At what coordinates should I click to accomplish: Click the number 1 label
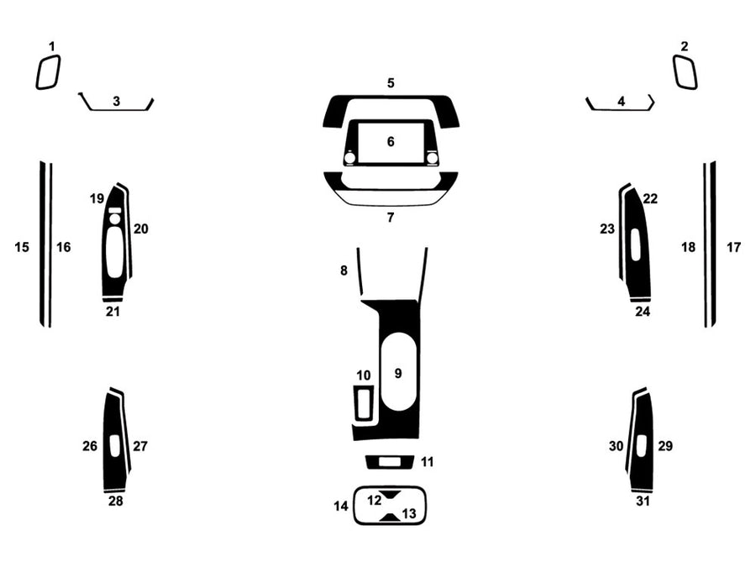click(51, 46)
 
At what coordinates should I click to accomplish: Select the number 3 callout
click(116, 101)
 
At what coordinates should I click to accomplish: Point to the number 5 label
click(391, 83)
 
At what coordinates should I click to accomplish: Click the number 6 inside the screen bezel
click(391, 141)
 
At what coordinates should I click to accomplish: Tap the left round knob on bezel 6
click(349, 157)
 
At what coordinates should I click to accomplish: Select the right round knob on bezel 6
click(432, 157)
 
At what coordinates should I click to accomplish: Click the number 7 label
click(391, 218)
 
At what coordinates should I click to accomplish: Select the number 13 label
click(408, 513)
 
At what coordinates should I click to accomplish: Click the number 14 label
click(340, 506)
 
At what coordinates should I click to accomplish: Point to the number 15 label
click(22, 247)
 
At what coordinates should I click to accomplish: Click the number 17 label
click(733, 247)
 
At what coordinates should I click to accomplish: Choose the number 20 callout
click(140, 228)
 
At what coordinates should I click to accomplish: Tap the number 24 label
click(643, 311)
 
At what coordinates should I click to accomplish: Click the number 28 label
click(115, 501)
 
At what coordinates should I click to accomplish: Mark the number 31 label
click(643, 501)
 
